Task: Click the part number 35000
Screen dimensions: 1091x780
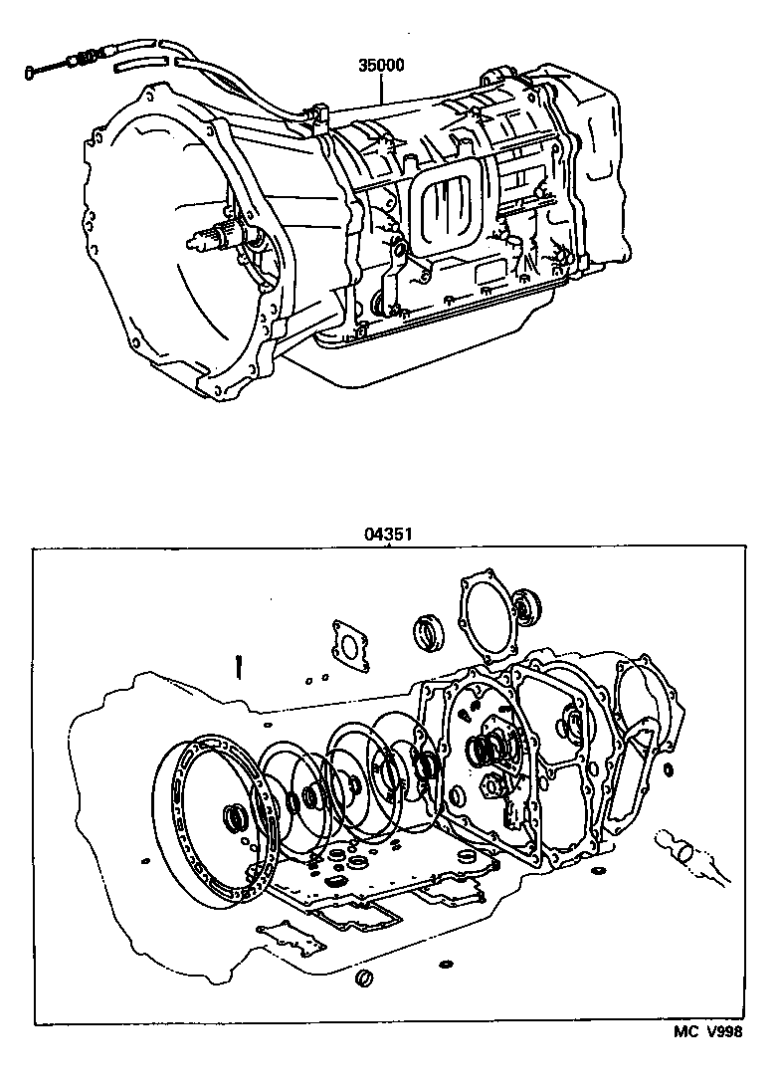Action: click(x=381, y=66)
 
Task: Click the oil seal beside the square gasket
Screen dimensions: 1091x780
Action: click(x=429, y=632)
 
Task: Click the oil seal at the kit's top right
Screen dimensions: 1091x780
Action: click(x=526, y=605)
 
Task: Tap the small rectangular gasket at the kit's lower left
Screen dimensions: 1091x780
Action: click(x=290, y=937)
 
